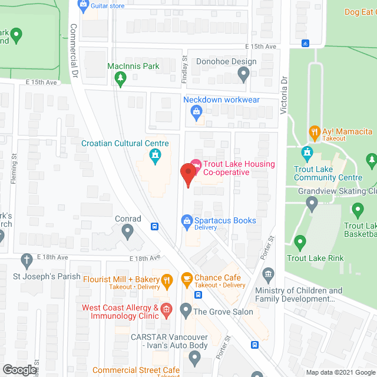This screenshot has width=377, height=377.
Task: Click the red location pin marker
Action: [187, 174]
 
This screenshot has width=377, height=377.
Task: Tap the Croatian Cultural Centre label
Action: [125, 143]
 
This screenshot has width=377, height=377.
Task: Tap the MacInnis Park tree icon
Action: [120, 77]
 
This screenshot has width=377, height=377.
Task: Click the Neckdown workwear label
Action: [221, 99]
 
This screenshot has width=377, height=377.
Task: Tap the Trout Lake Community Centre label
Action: [329, 173]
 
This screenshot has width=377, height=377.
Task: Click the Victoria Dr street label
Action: [284, 94]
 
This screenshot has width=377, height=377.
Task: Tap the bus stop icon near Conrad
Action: [154, 226]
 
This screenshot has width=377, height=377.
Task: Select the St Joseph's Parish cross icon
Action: [26, 259]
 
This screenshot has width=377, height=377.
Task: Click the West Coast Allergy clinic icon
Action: [166, 309]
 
